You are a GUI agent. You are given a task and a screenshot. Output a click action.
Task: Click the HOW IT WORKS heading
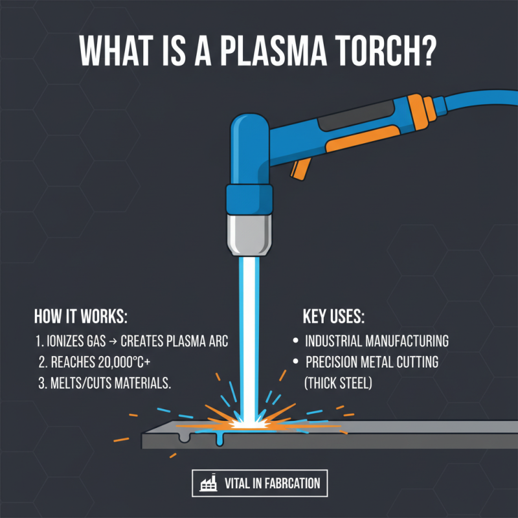tap(80, 317)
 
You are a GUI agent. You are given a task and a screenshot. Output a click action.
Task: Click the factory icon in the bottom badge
tap(208, 484)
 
